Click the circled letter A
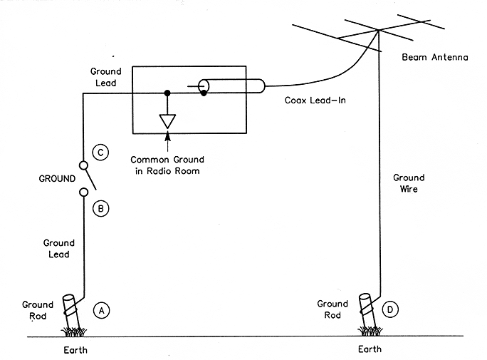pyautogui.click(x=102, y=310)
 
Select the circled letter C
pyautogui.click(x=101, y=152)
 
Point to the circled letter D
pyautogui.click(x=391, y=309)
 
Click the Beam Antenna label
pyautogui.click(x=434, y=57)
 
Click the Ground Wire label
pyautogui.click(x=409, y=184)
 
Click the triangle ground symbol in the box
pyautogui.click(x=167, y=120)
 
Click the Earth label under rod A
pyautogui.click(x=73, y=350)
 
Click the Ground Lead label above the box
pyautogui.click(x=106, y=77)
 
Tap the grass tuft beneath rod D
pyautogui.click(x=370, y=330)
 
